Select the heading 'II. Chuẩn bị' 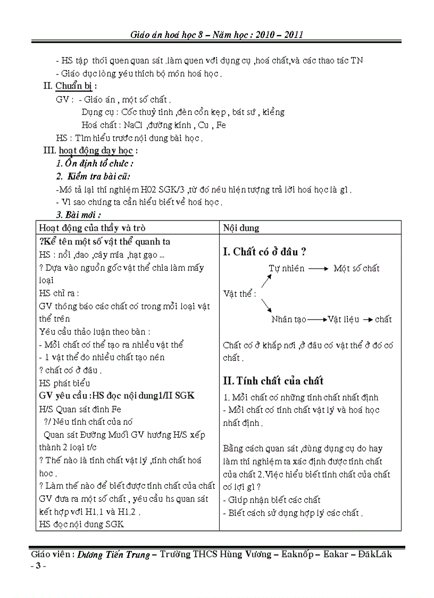70,86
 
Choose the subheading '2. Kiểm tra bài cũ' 93,176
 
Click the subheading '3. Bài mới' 79,215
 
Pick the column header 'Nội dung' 241,228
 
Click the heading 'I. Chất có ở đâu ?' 264,252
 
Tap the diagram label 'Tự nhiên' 287,268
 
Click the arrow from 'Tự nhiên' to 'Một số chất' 319,268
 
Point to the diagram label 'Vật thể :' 240,293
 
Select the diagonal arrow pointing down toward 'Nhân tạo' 266,306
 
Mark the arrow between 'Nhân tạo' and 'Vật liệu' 317,320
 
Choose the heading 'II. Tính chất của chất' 273,381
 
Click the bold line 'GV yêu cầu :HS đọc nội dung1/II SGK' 117,396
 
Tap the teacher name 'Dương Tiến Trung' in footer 114,554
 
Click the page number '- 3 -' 38,566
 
